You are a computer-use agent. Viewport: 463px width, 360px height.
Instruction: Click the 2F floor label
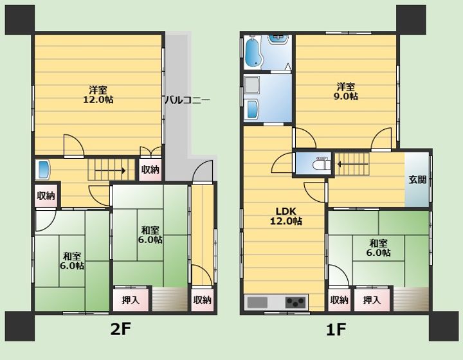pyautogui.click(x=120, y=329)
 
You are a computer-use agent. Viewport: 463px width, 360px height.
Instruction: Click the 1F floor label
pyautogui.click(x=336, y=329)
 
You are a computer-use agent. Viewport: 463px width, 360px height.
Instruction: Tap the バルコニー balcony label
pyautogui.click(x=187, y=100)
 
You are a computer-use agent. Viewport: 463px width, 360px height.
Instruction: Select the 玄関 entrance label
pyautogui.click(x=417, y=179)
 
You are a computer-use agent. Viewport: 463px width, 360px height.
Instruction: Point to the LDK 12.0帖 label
pyautogui.click(x=286, y=216)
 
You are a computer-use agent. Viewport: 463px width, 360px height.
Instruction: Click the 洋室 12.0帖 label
pyautogui.click(x=98, y=94)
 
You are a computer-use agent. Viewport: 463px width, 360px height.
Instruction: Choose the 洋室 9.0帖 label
pyautogui.click(x=346, y=91)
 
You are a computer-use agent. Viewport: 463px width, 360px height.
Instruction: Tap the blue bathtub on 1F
pyautogui.click(x=253, y=52)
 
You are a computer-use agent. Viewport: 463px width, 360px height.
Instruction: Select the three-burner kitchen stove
pyautogui.click(x=295, y=302)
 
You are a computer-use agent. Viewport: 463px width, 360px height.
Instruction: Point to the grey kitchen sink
pyautogui.click(x=257, y=302)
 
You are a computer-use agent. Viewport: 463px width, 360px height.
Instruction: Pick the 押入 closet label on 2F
pyautogui.click(x=131, y=300)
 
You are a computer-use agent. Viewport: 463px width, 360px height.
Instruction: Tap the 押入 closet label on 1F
pyautogui.click(x=372, y=300)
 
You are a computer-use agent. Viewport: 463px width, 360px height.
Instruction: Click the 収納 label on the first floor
pyautogui.click(x=339, y=300)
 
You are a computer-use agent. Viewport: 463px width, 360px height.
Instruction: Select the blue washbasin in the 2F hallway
pyautogui.click(x=43, y=169)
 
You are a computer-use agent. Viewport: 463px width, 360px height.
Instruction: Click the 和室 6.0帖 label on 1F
pyautogui.click(x=379, y=248)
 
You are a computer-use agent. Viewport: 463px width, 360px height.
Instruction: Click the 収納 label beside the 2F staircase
pyautogui.click(x=150, y=170)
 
